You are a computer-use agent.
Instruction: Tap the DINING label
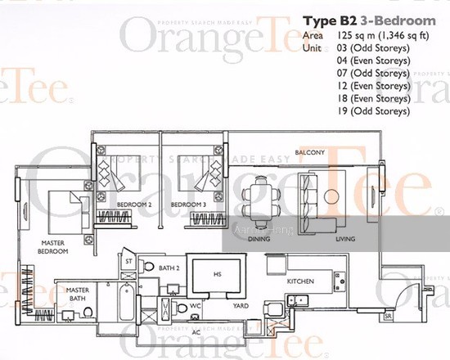tap(259, 239)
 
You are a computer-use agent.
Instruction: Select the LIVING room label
tap(345, 239)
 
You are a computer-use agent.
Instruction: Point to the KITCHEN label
tap(300, 281)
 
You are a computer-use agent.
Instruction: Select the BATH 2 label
tap(169, 268)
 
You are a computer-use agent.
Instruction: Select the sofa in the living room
tap(308, 197)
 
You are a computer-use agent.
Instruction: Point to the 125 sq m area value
tap(349, 36)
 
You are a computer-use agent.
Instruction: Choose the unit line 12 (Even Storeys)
tap(376, 86)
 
